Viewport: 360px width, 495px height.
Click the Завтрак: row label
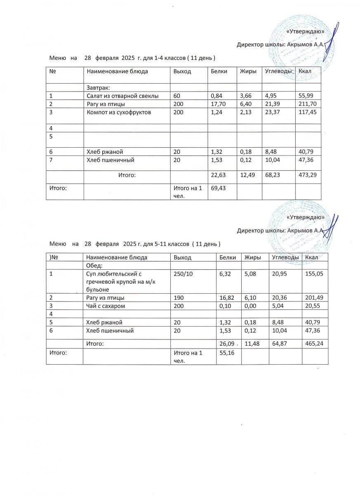[x=97, y=87]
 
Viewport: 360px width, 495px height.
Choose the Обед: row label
[x=94, y=265]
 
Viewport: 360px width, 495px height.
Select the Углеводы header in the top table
[x=279, y=71]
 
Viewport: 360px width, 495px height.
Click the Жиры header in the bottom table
[x=253, y=257]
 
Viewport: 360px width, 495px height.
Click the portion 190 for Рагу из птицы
[x=178, y=297]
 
